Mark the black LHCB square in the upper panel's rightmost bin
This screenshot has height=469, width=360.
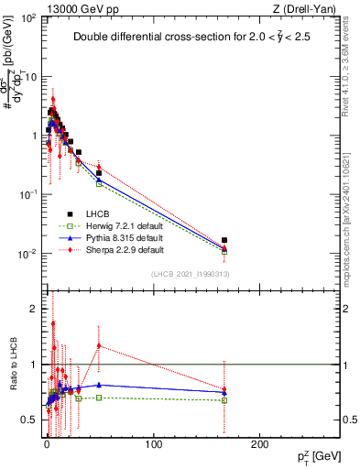pyautogui.click(x=224, y=240)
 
